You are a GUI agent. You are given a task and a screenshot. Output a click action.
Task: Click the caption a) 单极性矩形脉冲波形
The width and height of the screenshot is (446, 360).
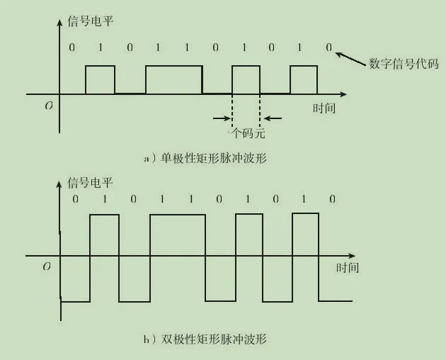205,159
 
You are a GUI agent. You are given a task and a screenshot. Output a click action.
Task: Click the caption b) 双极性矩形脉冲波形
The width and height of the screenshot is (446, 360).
206,339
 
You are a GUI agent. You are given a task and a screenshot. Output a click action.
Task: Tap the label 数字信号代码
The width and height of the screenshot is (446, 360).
404,64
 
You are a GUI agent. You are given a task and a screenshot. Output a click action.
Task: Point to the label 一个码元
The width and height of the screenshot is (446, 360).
246,133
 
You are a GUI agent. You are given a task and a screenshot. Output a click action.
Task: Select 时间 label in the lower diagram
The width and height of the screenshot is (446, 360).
347,268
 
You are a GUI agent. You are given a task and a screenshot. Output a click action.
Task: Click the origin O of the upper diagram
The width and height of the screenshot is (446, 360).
48,106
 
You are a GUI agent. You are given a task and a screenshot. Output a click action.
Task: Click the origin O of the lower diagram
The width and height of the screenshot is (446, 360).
47,266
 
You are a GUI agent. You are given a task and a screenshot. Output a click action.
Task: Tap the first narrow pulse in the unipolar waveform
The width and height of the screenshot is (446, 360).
100,79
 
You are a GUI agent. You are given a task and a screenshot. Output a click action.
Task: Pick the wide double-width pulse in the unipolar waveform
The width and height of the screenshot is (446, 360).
173,79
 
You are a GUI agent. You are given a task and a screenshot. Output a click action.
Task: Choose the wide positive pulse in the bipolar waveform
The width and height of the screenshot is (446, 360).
178,234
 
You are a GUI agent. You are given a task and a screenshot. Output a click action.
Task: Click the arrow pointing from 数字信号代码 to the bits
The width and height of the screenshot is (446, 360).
350,56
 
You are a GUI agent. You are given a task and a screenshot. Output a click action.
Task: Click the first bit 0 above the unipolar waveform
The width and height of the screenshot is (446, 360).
71,47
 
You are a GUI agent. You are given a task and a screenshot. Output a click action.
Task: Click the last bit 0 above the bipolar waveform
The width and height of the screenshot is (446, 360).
332,200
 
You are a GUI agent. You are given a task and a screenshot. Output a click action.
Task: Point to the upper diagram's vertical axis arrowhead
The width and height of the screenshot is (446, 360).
59,19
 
